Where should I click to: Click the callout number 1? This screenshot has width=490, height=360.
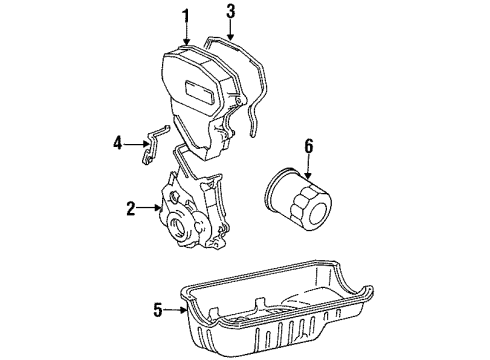point(184,15)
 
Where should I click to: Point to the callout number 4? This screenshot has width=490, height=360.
point(118,142)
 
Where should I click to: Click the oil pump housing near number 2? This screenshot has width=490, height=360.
point(190,220)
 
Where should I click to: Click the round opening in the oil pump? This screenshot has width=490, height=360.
point(186,237)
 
